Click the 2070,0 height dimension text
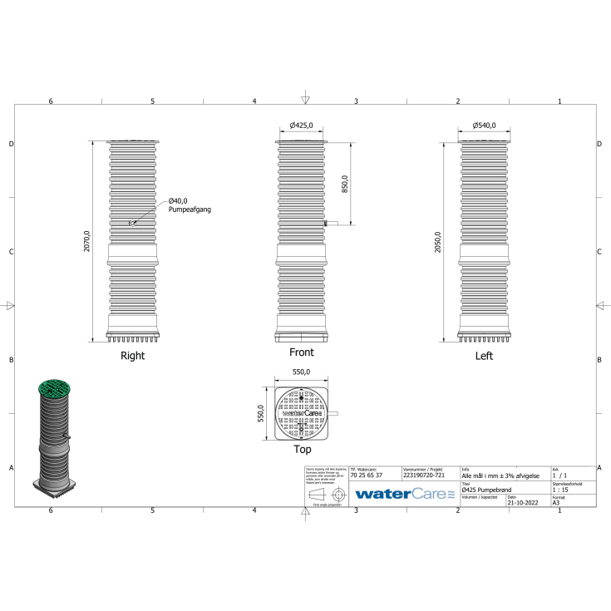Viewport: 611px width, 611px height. click(x=87, y=242)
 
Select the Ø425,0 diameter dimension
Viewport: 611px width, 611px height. click(x=302, y=126)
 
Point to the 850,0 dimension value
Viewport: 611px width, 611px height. click(x=344, y=182)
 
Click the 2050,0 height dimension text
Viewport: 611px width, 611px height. click(x=438, y=241)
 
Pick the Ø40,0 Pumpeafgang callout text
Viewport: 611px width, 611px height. click(x=189, y=205)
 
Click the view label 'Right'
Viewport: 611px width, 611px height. click(x=132, y=356)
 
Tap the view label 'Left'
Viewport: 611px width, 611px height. click(x=484, y=356)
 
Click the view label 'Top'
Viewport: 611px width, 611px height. click(x=302, y=450)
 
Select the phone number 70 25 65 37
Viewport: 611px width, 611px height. click(x=367, y=475)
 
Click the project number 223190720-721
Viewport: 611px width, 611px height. click(x=423, y=475)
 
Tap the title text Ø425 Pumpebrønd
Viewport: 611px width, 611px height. click(x=490, y=490)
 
